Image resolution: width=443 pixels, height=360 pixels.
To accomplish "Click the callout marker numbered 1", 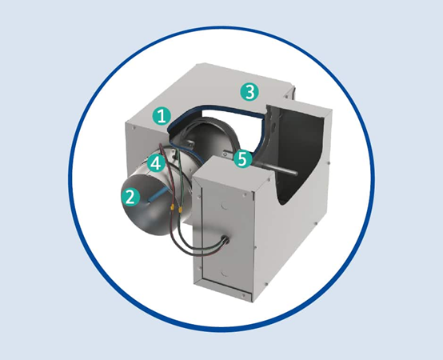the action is tap(162, 116).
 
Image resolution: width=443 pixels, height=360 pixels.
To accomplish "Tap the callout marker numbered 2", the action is tap(130, 197).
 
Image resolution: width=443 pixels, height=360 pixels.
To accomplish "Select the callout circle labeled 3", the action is tap(249, 92).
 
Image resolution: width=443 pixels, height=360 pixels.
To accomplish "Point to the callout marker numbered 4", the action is tap(156, 163).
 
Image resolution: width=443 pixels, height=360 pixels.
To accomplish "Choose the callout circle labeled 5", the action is tap(243, 158).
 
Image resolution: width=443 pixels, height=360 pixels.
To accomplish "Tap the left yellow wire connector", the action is tap(172, 208).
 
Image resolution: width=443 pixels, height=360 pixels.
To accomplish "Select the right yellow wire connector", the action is tap(180, 210).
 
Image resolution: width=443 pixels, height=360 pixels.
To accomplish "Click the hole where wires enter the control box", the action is tap(226, 241).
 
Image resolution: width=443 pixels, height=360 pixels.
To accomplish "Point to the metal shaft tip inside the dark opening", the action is tap(294, 172).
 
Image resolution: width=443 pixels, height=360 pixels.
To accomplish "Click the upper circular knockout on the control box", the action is tap(224, 206).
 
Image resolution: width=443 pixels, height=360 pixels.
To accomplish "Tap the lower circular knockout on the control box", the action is tap(223, 273).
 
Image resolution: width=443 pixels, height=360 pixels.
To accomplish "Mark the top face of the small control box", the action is tap(232, 169).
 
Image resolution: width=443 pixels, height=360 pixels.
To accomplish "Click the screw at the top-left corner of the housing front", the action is tap(134, 128).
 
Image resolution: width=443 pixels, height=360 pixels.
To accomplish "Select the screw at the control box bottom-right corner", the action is tap(244, 295).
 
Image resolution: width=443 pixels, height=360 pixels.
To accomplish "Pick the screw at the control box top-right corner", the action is tap(244, 194).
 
